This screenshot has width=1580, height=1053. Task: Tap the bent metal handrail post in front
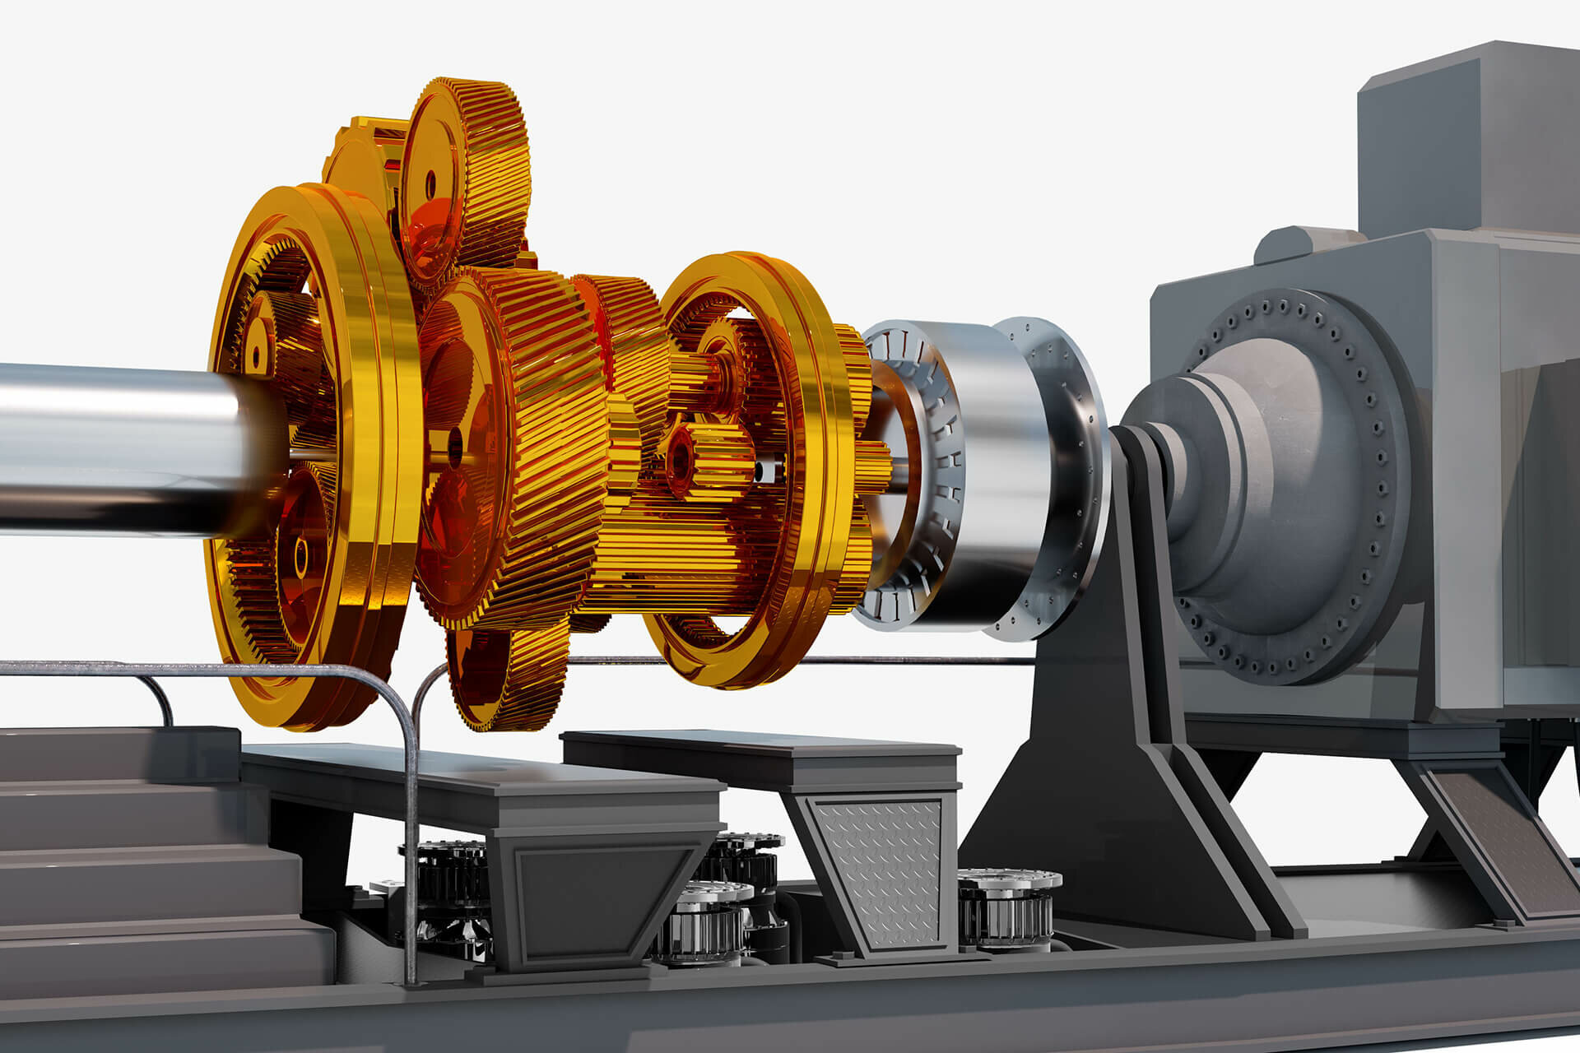[409, 823]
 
